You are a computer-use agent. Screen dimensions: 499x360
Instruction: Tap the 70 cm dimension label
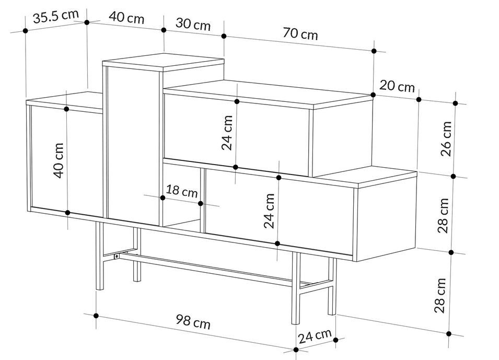point(300,33)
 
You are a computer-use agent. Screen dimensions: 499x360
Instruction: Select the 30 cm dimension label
point(193,24)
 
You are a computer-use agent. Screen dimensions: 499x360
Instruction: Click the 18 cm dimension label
point(182,191)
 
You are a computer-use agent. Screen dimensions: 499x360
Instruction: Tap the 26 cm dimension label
point(446,138)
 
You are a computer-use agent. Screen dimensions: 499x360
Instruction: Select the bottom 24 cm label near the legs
point(315,336)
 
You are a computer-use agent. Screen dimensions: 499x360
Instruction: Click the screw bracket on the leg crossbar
point(117,256)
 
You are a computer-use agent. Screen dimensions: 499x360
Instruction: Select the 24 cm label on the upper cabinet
point(227,133)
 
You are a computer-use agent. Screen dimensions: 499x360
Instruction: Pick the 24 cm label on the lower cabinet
point(269,211)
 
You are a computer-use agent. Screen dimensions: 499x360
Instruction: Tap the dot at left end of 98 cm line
point(96,316)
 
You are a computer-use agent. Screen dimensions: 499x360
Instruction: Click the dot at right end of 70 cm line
point(374,51)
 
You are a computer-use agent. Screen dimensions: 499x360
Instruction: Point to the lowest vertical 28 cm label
point(440,295)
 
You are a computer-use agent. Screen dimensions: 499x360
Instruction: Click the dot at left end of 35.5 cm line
point(26,30)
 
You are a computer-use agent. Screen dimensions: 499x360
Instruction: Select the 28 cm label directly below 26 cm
point(443,215)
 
